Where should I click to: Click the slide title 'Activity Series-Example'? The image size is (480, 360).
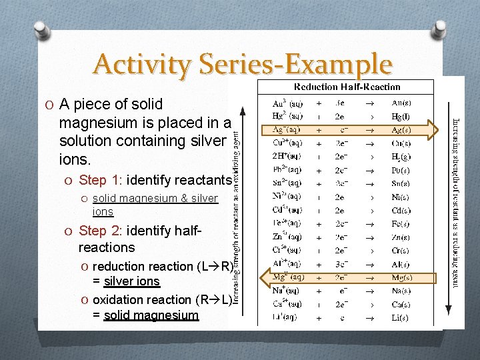pyautogui.click(x=243, y=65)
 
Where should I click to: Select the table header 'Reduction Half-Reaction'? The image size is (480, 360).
pyautogui.click(x=347, y=87)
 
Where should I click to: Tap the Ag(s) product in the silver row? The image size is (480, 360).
pyautogui.click(x=401, y=129)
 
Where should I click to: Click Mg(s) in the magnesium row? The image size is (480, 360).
pyautogui.click(x=401, y=277)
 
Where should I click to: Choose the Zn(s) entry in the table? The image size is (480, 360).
pyautogui.click(x=401, y=237)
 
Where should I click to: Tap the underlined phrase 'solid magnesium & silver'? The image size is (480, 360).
pyautogui.click(x=155, y=198)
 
